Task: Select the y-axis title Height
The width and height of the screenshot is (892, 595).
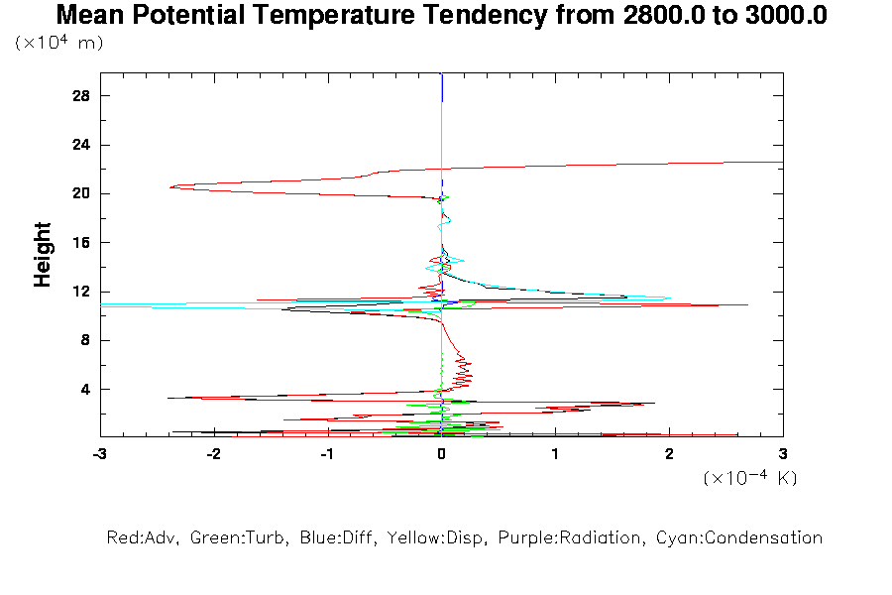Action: [x=43, y=255]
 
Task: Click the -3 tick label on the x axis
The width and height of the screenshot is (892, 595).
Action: [x=99, y=454]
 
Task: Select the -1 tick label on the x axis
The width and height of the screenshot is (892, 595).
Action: [x=327, y=454]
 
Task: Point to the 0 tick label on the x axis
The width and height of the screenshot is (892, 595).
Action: [x=442, y=454]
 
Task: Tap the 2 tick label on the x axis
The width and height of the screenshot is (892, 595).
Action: [x=669, y=454]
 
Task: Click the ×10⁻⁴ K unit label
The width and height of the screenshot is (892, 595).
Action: [x=750, y=478]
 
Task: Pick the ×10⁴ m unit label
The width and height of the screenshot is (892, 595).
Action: [x=59, y=43]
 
